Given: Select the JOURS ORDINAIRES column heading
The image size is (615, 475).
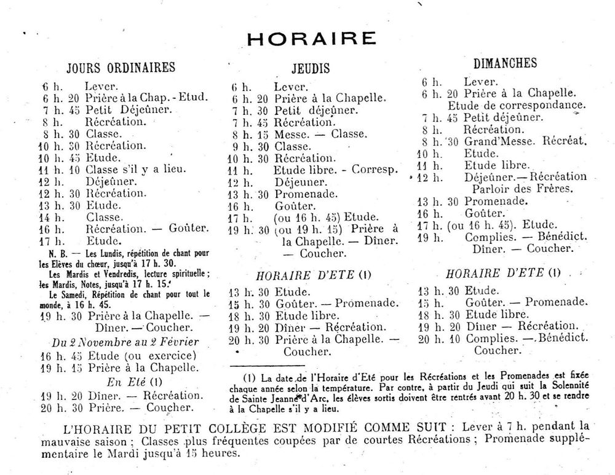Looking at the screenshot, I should pos(121,67).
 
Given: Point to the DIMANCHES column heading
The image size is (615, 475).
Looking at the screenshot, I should pos(506,63).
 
